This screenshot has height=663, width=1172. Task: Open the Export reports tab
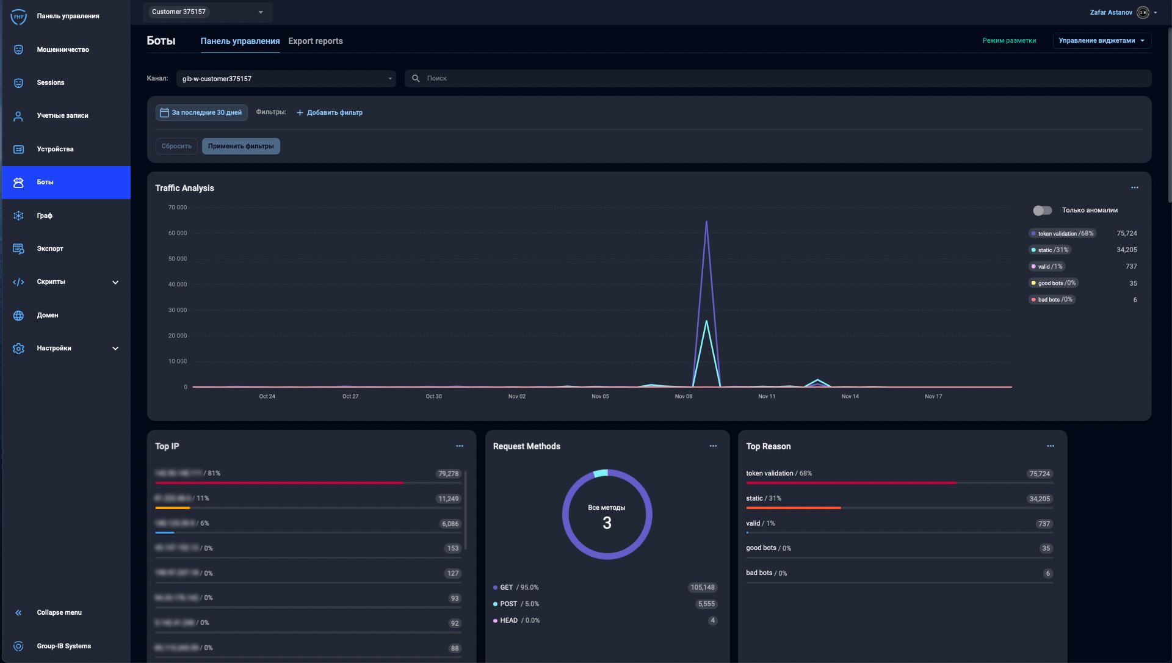coord(315,41)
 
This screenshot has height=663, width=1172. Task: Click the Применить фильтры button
coord(241,147)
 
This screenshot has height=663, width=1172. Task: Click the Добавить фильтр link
coord(330,113)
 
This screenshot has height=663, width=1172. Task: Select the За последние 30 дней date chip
coord(201,113)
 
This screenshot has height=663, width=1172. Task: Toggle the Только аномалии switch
coord(1042,211)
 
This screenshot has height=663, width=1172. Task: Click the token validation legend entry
coord(1062,234)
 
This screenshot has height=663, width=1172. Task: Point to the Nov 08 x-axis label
coord(683,397)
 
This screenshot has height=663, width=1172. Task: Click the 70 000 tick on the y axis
coord(178,208)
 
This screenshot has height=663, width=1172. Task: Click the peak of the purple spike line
coord(706,222)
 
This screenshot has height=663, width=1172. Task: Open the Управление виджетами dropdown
coord(1101,41)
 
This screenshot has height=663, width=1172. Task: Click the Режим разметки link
coord(1009,41)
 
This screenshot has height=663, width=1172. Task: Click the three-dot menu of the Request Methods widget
coord(713,446)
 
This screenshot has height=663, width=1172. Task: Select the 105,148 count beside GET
coord(702,588)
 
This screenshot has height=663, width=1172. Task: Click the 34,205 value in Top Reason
coord(1040,499)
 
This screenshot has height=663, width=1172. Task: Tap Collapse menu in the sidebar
coord(59,613)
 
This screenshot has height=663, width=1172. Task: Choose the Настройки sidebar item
coord(54,349)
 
